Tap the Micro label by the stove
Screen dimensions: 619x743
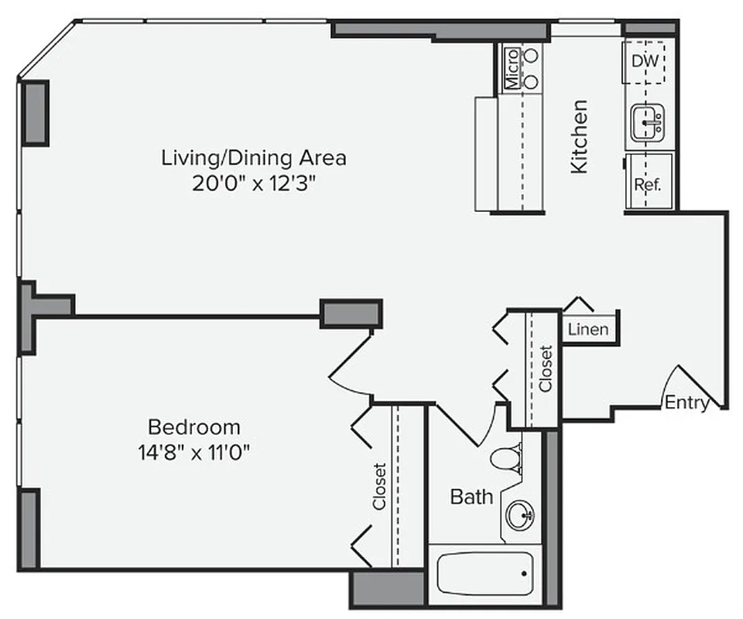[x=512, y=68]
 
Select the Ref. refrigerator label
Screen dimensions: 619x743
[x=646, y=185]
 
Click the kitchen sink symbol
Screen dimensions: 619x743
[x=648, y=124]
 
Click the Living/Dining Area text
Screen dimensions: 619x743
[x=253, y=158]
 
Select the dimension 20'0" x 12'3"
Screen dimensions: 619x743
[x=253, y=184]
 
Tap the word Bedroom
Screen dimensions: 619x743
[x=193, y=426]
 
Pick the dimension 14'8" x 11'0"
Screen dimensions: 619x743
[x=193, y=452]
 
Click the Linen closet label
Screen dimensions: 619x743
[x=588, y=330]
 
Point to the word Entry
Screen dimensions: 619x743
[x=687, y=402]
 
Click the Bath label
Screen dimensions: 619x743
[x=471, y=496]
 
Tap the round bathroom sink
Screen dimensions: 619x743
[x=520, y=513]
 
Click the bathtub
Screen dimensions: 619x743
[x=484, y=573]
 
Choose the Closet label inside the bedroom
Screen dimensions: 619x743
[x=379, y=486]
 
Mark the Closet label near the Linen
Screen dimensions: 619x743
[x=546, y=368]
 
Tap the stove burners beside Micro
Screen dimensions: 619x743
[x=532, y=68]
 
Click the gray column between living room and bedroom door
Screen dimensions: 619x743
[x=351, y=313]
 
